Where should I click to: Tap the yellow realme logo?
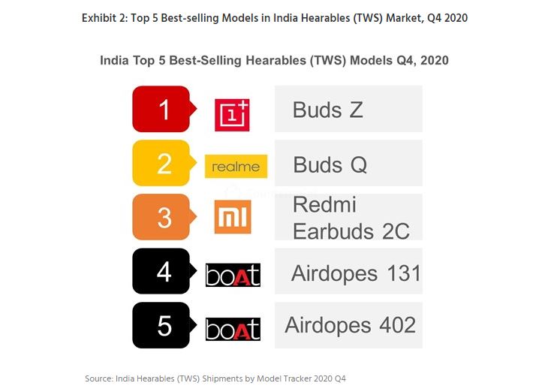(236, 166)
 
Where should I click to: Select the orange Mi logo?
(233, 218)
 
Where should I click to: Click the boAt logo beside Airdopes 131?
(233, 275)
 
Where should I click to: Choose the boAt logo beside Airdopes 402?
(233, 329)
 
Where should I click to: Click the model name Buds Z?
(328, 110)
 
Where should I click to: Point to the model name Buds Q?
(330, 164)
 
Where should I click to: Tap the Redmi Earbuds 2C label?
(351, 218)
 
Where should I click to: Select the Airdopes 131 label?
(356, 273)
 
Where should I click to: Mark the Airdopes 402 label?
(350, 325)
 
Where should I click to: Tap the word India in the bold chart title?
(115, 60)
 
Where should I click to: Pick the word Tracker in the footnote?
(293, 378)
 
